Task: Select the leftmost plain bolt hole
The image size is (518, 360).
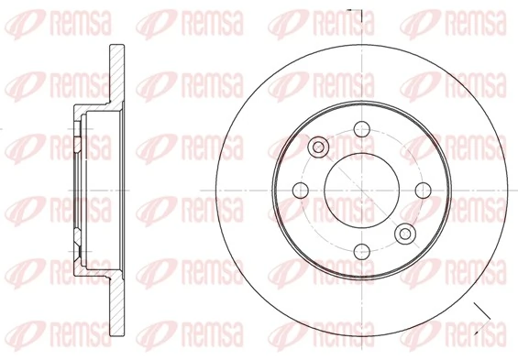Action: (299, 190)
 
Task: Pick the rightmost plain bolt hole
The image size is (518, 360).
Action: (423, 190)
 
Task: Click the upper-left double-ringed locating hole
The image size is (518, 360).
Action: (318, 147)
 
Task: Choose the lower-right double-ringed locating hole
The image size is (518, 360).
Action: (404, 234)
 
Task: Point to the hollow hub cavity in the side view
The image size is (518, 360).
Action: (96, 190)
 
